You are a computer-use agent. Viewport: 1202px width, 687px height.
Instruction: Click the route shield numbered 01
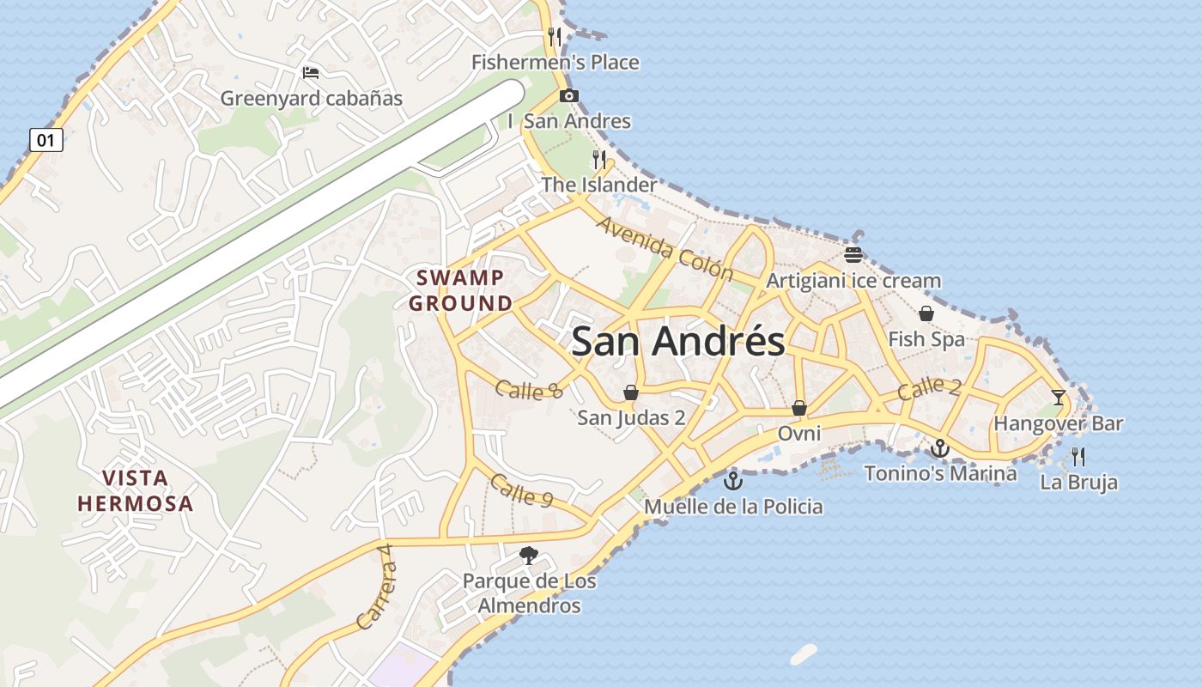(x=46, y=139)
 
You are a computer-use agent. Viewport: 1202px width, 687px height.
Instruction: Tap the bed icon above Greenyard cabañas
(x=311, y=73)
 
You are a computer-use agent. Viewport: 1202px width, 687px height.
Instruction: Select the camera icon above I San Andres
(x=568, y=95)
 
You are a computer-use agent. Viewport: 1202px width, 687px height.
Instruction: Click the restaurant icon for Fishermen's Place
(x=555, y=36)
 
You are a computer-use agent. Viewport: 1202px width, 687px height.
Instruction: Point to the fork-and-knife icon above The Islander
(x=599, y=159)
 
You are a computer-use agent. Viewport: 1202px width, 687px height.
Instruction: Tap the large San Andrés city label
(x=677, y=342)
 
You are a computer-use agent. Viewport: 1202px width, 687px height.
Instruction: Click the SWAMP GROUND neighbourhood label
(x=460, y=290)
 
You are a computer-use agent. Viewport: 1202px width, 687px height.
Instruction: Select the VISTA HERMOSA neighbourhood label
(x=136, y=490)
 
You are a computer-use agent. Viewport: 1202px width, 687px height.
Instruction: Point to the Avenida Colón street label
(x=665, y=248)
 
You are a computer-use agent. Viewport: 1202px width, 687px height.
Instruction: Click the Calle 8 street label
(x=528, y=389)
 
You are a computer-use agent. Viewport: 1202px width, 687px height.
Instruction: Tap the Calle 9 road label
(x=521, y=489)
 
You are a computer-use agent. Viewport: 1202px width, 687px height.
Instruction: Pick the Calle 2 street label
(x=929, y=388)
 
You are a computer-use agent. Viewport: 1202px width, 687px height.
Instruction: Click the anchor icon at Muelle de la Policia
(x=733, y=480)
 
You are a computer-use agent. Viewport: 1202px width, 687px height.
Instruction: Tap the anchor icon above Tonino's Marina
(x=940, y=447)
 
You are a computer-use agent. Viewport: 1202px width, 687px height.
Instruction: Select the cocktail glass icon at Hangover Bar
(x=1058, y=397)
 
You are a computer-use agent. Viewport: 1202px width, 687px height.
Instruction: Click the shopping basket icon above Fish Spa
(x=926, y=313)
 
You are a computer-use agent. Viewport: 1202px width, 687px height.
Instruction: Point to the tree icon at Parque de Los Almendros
(x=529, y=556)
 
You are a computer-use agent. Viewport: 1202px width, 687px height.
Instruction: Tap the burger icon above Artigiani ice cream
(x=853, y=254)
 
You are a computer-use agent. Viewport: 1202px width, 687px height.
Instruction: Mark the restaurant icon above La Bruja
(x=1078, y=456)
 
